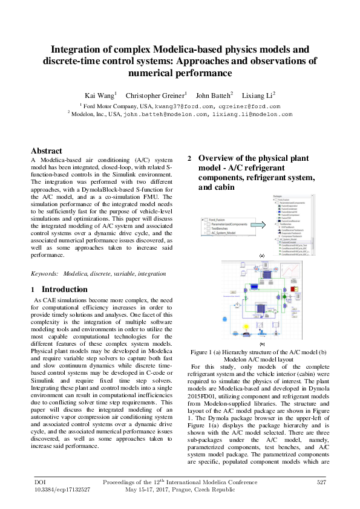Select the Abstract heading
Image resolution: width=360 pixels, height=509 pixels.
(47, 151)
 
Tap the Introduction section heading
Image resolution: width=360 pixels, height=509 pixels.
(64, 290)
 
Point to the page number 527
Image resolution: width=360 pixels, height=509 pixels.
(322, 482)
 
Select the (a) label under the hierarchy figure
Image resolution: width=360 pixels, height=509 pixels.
(262, 256)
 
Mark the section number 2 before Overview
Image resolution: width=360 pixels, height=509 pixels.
(189, 158)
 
